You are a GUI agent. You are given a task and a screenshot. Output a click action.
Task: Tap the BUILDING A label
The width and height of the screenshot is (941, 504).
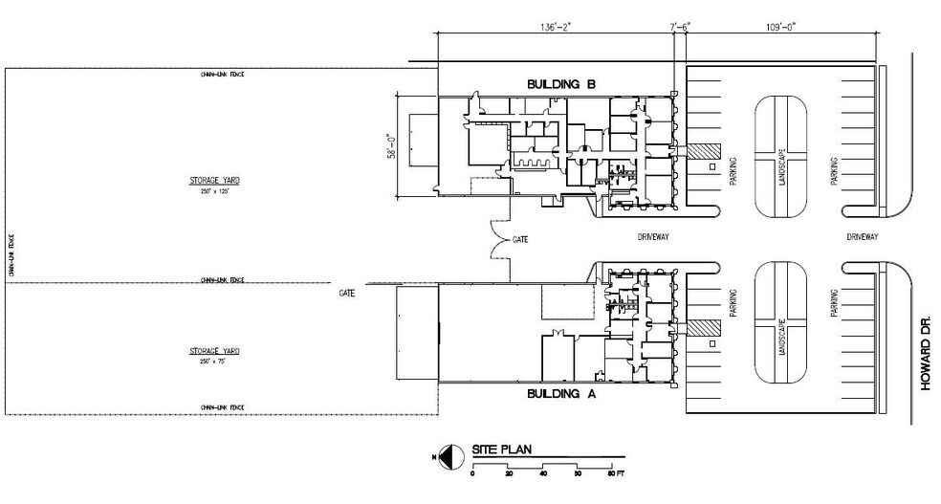[x=561, y=393]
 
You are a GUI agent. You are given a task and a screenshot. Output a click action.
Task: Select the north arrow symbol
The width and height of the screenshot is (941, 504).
[x=445, y=456]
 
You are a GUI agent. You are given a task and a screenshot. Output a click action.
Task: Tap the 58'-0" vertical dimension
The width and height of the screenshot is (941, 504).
[x=390, y=146]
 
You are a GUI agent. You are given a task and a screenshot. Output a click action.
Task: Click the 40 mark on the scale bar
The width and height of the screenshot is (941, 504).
[x=543, y=473]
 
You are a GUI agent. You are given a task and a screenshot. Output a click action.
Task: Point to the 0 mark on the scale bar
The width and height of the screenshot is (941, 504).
[x=472, y=473]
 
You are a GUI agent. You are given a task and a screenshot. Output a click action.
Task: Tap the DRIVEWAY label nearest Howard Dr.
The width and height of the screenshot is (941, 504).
[x=862, y=235]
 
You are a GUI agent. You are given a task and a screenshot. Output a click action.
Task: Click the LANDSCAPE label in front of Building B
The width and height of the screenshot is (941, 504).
[x=782, y=166]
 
